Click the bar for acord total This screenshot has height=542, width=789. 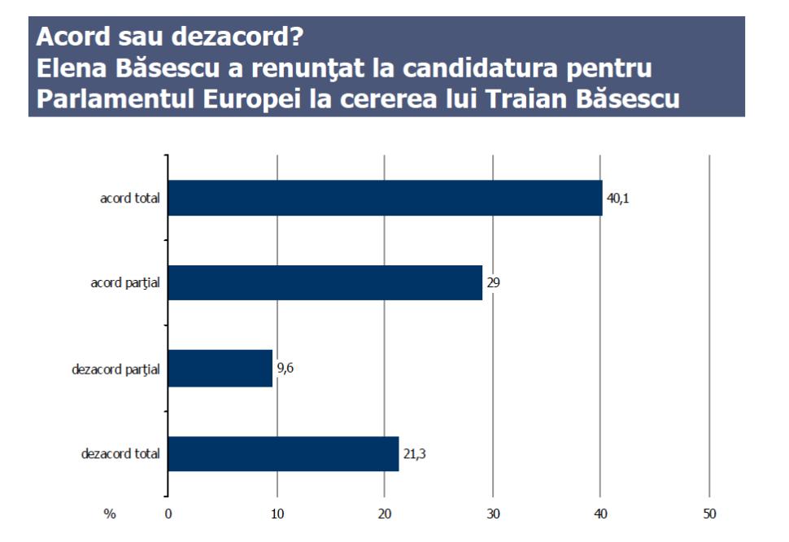[385, 198]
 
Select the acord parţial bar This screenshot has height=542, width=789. [325, 283]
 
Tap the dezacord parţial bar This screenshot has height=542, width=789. [220, 369]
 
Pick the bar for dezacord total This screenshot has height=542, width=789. [283, 453]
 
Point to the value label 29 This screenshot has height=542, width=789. [493, 283]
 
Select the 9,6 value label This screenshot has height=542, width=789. [286, 369]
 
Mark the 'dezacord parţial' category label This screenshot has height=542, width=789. [116, 369]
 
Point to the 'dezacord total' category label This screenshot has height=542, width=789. [120, 453]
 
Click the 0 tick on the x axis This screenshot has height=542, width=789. [168, 514]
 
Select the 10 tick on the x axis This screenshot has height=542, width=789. [277, 514]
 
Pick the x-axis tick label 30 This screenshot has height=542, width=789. [493, 514]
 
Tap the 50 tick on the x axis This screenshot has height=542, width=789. [709, 514]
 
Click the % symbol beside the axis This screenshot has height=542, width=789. [110, 514]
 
